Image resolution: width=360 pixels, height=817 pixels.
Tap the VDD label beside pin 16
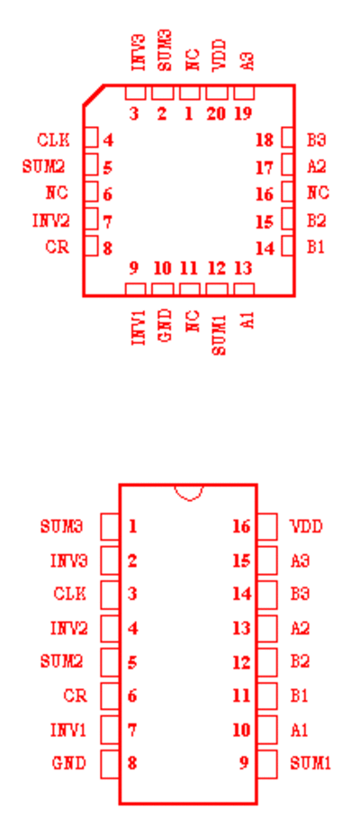click(306, 526)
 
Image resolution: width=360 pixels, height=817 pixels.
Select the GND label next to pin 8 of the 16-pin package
click(68, 764)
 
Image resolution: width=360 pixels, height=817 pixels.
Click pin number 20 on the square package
click(216, 113)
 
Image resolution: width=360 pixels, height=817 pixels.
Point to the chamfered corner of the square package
click(94, 94)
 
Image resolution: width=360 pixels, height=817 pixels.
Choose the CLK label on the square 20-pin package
click(53, 140)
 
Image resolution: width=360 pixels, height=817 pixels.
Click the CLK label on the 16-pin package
click(70, 594)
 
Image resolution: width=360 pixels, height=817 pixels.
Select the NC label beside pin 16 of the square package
click(318, 193)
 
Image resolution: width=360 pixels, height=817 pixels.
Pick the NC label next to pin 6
click(57, 193)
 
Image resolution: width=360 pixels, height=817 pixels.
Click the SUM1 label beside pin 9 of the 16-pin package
click(310, 764)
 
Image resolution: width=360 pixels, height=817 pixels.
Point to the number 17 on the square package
click(265, 167)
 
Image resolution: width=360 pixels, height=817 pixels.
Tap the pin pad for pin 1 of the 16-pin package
click(110, 526)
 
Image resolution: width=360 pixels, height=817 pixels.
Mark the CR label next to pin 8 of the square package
click(57, 247)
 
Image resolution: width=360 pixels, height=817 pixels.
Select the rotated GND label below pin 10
click(165, 326)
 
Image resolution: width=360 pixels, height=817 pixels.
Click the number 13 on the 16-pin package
click(242, 628)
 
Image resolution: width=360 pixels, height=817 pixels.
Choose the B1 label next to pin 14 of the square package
click(315, 247)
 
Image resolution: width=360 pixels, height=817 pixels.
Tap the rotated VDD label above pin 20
click(220, 55)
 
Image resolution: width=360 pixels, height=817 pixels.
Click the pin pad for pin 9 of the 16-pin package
click(266, 764)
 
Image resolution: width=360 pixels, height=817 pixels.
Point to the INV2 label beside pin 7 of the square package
click(51, 221)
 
